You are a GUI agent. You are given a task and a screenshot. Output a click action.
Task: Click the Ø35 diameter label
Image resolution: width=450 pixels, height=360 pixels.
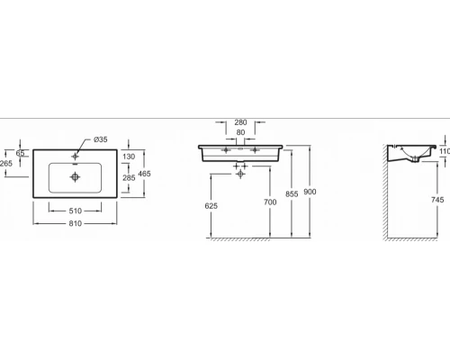point(101,139)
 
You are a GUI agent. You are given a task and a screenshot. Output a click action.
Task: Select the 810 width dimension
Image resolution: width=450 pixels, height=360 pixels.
point(75,223)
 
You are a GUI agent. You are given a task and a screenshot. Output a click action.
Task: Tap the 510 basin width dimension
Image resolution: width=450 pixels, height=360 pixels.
point(75,211)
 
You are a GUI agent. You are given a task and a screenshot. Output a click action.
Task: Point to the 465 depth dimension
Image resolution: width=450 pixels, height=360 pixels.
point(144,174)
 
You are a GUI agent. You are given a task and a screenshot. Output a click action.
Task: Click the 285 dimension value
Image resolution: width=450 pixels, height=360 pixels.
point(129,178)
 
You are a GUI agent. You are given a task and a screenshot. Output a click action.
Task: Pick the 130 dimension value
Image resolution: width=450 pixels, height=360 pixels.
point(129,157)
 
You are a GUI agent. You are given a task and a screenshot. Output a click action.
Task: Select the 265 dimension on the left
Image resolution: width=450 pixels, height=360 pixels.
point(6,163)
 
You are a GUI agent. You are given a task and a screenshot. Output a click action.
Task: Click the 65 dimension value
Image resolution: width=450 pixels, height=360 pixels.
point(20,153)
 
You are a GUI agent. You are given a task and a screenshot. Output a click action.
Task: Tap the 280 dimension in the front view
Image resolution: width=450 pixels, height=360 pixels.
point(240,122)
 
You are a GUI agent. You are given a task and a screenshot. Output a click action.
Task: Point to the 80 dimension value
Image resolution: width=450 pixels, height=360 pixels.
point(240,132)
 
